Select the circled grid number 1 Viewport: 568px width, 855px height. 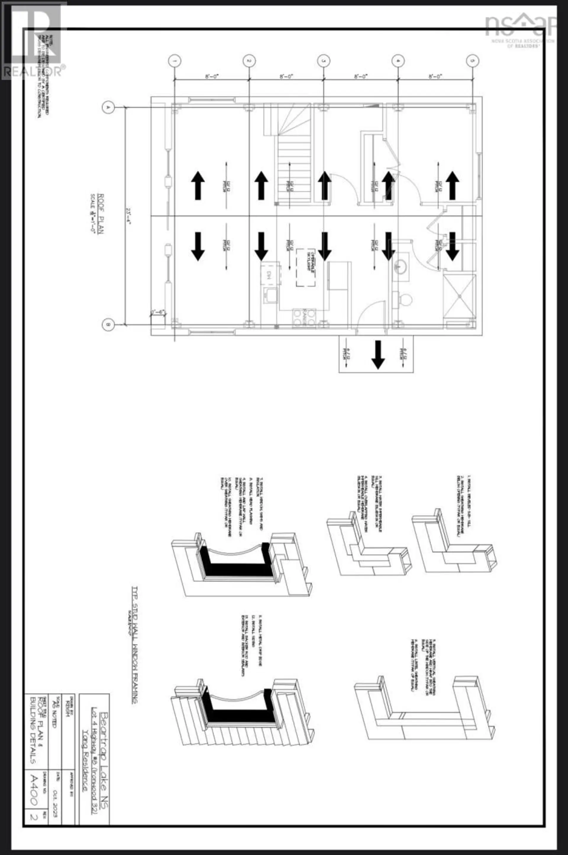click(175, 61)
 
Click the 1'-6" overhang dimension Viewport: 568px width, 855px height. click(158, 312)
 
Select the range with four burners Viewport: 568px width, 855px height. click(304, 318)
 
